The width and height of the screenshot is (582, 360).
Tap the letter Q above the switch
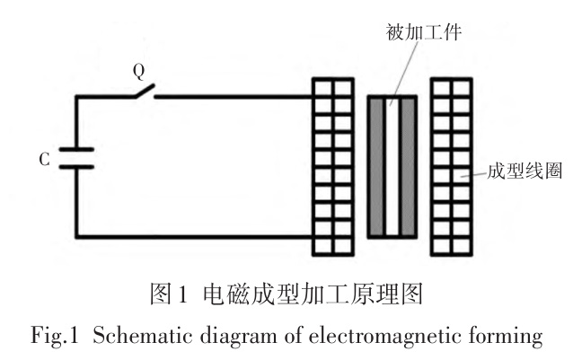coord(139,69)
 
